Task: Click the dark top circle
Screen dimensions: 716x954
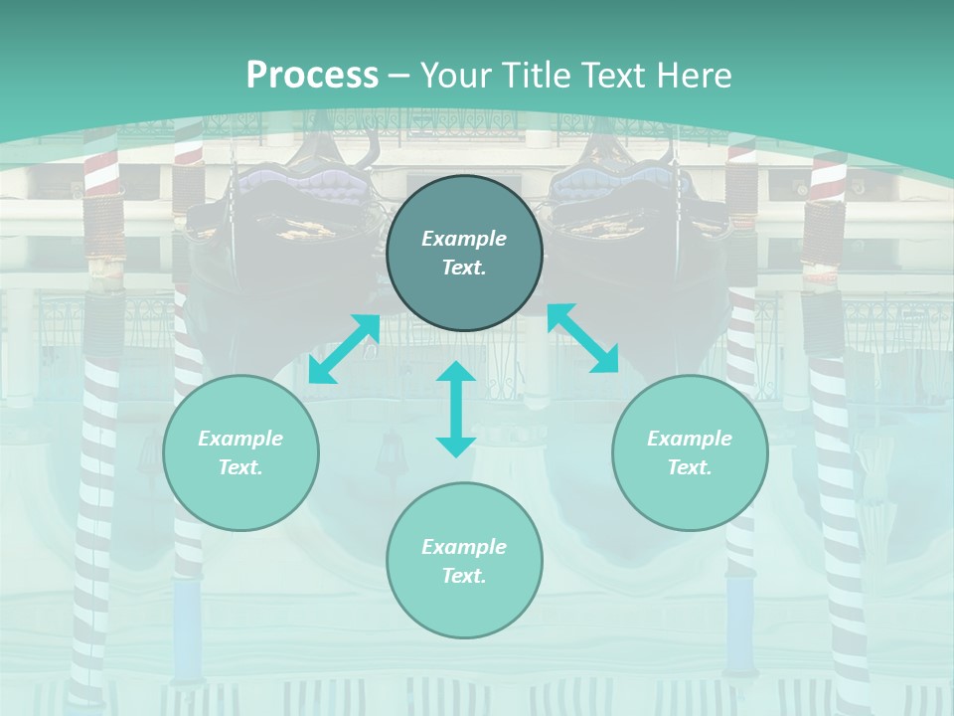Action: pyautogui.click(x=464, y=253)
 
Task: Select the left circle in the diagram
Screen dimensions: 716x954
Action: pyautogui.click(x=240, y=452)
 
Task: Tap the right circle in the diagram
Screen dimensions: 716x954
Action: pyautogui.click(x=690, y=452)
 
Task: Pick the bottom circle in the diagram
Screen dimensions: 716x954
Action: pyautogui.click(x=464, y=561)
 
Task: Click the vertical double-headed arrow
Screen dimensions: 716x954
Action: pyautogui.click(x=456, y=409)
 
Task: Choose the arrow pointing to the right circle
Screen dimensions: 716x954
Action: pyautogui.click(x=583, y=338)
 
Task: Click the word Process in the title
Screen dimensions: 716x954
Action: pyautogui.click(x=312, y=75)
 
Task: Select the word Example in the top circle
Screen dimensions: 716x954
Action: pyautogui.click(x=464, y=239)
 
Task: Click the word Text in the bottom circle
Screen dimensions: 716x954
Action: pyautogui.click(x=464, y=576)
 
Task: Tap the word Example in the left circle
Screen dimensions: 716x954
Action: pyautogui.click(x=240, y=439)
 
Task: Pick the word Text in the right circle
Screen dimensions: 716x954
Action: pyautogui.click(x=690, y=467)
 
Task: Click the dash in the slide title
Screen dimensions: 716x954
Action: pyautogui.click(x=399, y=76)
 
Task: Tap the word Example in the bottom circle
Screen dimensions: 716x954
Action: pyautogui.click(x=464, y=547)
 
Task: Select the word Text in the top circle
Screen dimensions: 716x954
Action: pyautogui.click(x=464, y=268)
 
